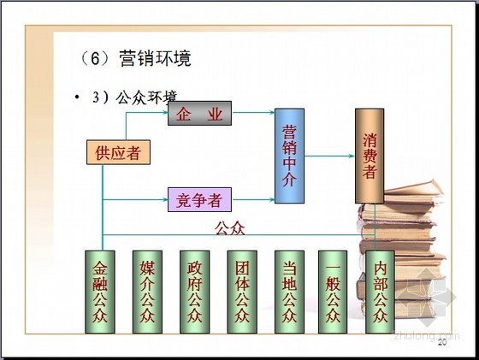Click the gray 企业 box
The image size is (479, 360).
pos(199,113)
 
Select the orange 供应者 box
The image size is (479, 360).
pos(118,152)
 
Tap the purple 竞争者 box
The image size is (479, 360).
pos(199,200)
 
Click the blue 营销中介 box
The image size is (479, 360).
pos(289,156)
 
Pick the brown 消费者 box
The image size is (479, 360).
pos(370,156)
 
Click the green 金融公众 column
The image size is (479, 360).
pos(100,292)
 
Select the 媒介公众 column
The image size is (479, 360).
pos(147,292)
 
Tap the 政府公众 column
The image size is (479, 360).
pos(195,292)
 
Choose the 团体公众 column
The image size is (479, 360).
pos(242,292)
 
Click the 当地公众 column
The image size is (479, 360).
pos(289,292)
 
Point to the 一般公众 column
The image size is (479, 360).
pos(333,292)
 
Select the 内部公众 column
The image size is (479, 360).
pos(380,292)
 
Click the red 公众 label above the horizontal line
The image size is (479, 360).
pos(230,228)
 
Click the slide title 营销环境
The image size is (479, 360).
pos(155,58)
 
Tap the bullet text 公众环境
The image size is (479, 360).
pos(146,97)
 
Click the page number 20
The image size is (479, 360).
pos(442,342)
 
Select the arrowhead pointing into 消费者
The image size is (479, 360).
pos(352,156)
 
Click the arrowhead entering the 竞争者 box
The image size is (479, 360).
pos(165,200)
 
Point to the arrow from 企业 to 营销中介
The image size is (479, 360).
pos(253,112)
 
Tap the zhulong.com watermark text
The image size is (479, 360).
pos(427,335)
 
